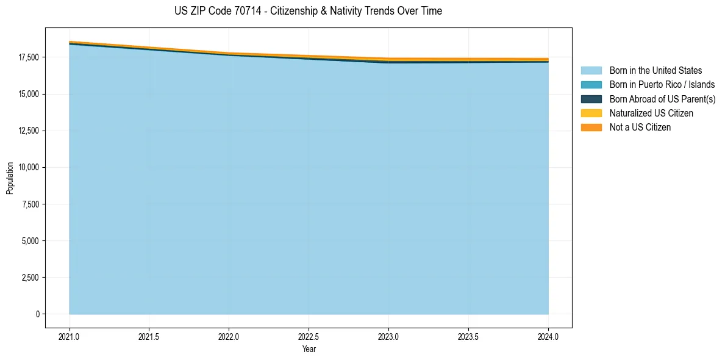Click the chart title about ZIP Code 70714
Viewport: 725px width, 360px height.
(x=308, y=11)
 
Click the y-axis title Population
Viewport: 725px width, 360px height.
(x=10, y=178)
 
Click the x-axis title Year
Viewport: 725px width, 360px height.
(x=309, y=349)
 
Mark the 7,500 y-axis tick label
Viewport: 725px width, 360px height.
(x=29, y=204)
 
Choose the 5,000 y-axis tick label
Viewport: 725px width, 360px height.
(x=29, y=240)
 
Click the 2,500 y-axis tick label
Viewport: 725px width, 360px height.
(x=29, y=278)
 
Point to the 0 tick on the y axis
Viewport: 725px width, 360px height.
(x=37, y=314)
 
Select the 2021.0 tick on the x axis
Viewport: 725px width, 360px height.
(x=69, y=336)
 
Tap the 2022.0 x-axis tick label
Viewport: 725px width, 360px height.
(x=229, y=336)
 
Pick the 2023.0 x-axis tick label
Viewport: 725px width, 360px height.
(x=388, y=336)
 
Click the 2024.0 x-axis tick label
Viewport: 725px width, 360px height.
(x=548, y=336)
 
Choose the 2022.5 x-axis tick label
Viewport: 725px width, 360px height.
(x=309, y=336)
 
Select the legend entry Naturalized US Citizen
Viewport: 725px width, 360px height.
(x=651, y=113)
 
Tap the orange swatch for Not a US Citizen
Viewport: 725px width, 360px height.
(x=591, y=128)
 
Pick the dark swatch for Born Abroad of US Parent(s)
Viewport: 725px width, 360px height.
(x=591, y=99)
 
